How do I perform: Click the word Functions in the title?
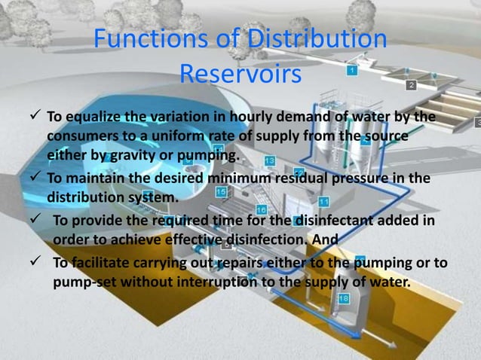click(146, 41)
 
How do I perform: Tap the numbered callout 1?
click(352, 70)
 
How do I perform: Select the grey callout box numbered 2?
click(410, 85)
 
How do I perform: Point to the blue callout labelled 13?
click(269, 161)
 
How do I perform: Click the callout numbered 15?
click(221, 192)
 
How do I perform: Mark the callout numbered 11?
click(323, 201)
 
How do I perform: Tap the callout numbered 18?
click(343, 299)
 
